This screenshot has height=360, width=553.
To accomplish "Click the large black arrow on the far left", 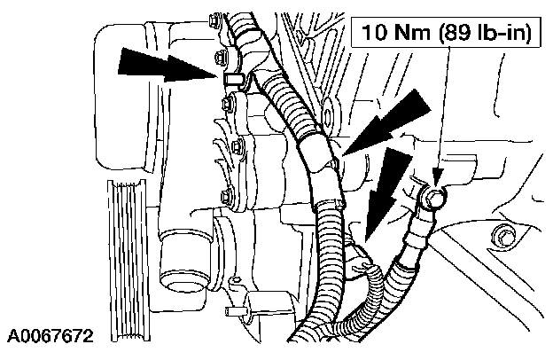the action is tap(165, 67).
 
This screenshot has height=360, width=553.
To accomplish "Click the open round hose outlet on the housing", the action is tap(183, 262).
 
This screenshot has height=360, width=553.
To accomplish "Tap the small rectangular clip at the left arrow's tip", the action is tap(232, 79).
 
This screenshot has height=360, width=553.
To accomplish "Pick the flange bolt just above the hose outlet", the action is tap(228, 196).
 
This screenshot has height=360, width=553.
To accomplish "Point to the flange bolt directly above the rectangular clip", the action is tap(220, 59).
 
